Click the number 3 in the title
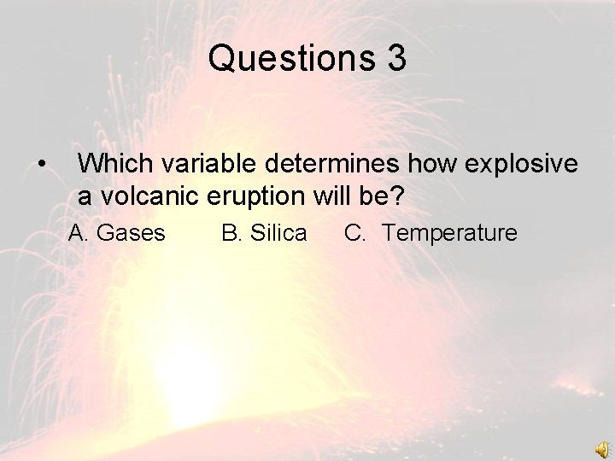point(395,59)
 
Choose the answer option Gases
point(132,233)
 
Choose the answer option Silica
point(275,233)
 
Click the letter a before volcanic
point(85,198)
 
